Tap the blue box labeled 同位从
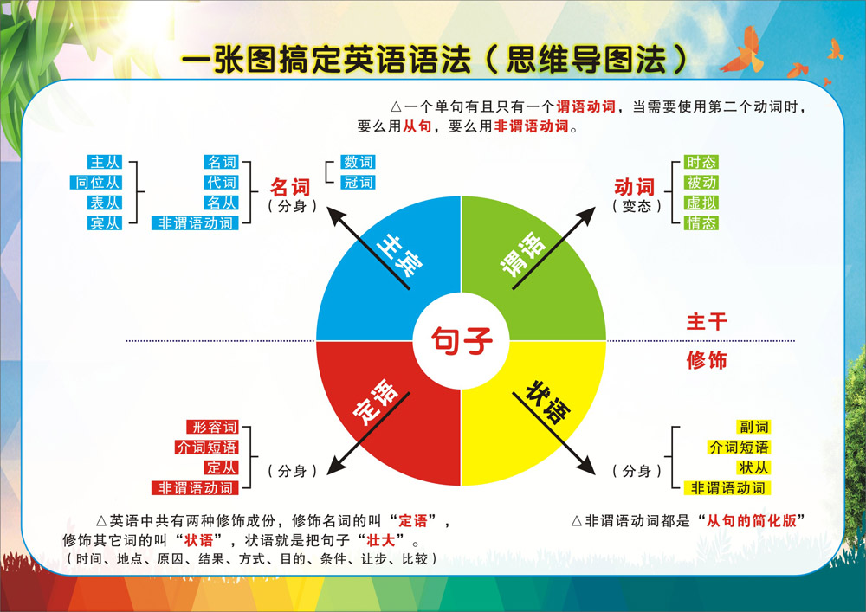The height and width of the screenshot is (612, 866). pos(98,183)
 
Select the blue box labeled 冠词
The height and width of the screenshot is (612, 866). pos(358,183)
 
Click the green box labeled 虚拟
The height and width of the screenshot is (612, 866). pos(701,203)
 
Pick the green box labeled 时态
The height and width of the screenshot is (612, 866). pos(701,162)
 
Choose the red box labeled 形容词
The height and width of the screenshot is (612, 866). pos(214,428)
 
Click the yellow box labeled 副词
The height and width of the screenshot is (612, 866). pos(753,428)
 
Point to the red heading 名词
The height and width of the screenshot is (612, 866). pos(291,187)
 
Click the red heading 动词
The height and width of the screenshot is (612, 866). pos(635,187)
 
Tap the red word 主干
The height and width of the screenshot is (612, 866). pos(707,322)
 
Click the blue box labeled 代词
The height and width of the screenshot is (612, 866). pos(221,183)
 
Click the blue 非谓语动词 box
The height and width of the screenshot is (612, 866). pos(196,223)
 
